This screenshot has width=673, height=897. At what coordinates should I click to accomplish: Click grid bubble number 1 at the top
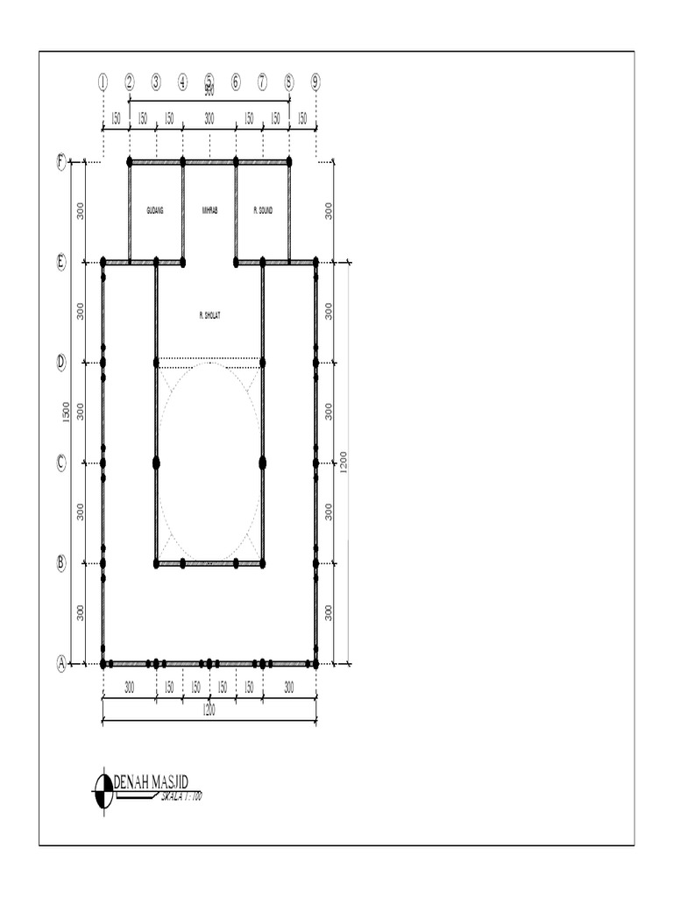103,81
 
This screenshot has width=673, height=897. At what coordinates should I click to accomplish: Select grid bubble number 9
315,81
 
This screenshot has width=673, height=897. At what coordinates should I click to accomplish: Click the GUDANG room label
155,210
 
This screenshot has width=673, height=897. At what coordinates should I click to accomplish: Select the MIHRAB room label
209,210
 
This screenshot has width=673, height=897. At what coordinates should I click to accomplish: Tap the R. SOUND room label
263,210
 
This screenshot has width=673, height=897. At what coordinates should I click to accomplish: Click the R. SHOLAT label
209,314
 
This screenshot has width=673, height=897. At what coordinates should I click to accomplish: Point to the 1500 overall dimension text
67,413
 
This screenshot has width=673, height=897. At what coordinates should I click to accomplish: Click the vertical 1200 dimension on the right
344,463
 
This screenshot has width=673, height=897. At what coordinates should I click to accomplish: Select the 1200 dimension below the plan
209,711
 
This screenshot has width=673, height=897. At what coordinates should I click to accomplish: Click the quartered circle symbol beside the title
103,790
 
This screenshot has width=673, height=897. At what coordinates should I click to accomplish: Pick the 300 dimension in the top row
209,118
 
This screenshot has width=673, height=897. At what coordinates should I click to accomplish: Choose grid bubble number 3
156,81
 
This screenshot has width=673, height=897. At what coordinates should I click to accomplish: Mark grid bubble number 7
262,81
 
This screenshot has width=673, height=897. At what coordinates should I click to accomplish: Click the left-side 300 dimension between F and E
81,211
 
